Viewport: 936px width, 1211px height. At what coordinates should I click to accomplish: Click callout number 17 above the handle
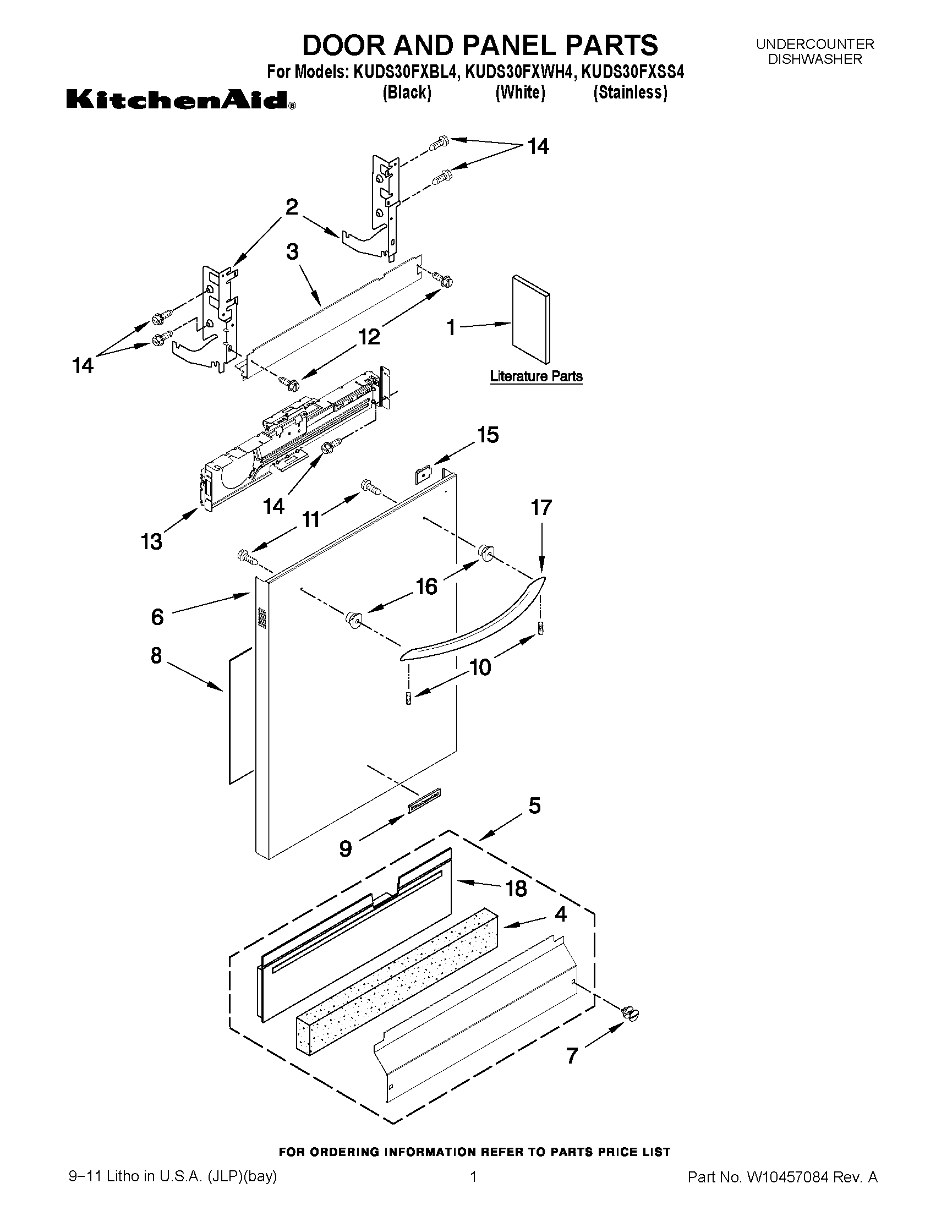pyautogui.click(x=541, y=508)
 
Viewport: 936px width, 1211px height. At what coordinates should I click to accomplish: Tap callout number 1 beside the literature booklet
pyautogui.click(x=451, y=328)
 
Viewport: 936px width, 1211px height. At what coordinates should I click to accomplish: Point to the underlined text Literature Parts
pyautogui.click(x=535, y=376)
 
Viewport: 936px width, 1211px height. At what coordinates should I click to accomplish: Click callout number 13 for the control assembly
pyautogui.click(x=151, y=541)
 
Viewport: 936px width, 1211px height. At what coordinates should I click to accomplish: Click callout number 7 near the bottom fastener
pyautogui.click(x=572, y=1056)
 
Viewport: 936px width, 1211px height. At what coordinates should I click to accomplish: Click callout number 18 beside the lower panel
pyautogui.click(x=516, y=889)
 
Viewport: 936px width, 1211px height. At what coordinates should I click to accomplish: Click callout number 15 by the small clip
pyautogui.click(x=488, y=435)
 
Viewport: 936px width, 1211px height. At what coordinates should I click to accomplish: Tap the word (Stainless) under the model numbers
pyautogui.click(x=630, y=92)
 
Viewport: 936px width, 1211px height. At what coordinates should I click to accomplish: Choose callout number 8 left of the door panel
pyautogui.click(x=156, y=655)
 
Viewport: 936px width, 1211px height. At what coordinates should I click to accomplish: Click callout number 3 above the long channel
pyautogui.click(x=292, y=252)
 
